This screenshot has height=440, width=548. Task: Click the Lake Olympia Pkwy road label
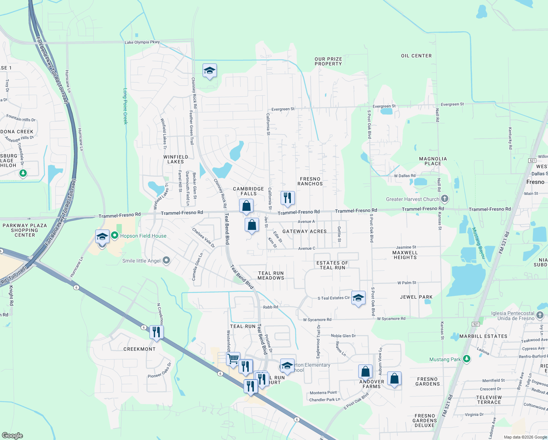click(x=142, y=42)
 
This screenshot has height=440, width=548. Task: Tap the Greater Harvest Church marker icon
click(x=444, y=199)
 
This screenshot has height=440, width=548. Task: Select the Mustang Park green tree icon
click(x=466, y=359)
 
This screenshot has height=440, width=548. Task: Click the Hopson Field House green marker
click(x=115, y=236)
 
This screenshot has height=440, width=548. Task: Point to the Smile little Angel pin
click(x=166, y=260)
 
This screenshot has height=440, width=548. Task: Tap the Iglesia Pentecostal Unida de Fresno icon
click(x=540, y=315)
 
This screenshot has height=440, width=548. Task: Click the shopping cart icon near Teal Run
click(x=233, y=359)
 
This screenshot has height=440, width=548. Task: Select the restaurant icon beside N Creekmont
click(x=156, y=332)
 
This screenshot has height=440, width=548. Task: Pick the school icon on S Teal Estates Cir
click(x=358, y=298)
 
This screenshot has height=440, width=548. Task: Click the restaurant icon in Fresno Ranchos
click(x=288, y=198)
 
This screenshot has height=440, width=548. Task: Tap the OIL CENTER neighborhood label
click(x=416, y=56)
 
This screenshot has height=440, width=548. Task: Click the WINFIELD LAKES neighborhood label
click(x=176, y=159)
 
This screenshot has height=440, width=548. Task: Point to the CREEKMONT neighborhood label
click(x=140, y=349)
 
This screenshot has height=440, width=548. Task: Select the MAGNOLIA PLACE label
click(x=433, y=161)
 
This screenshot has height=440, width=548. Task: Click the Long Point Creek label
click(x=125, y=106)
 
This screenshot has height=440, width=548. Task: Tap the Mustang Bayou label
click(x=478, y=243)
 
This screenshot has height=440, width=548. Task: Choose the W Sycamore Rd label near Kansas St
click(x=391, y=319)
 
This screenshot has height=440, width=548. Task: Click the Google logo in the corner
click(x=12, y=435)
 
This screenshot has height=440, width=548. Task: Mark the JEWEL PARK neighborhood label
click(x=416, y=297)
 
